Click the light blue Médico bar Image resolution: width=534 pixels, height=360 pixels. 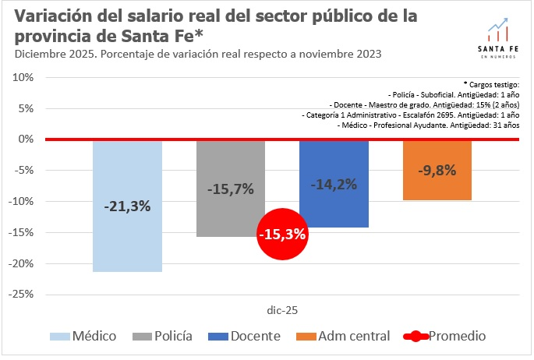(127, 234)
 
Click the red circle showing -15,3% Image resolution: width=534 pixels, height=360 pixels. (282, 234)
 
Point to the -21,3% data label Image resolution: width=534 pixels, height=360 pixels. (127, 206)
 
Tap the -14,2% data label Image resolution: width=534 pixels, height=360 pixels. (334, 185)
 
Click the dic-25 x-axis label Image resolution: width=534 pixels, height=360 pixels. (281, 309)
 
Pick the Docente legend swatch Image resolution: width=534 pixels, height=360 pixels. (223, 337)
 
